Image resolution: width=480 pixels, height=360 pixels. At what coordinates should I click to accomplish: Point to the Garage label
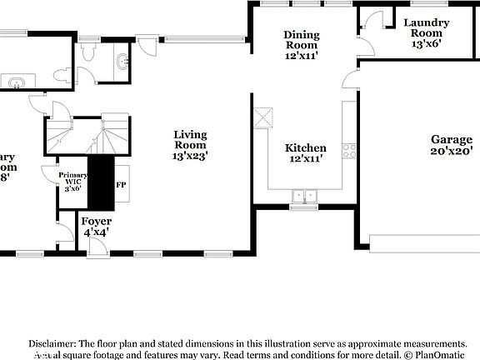tap(450, 139)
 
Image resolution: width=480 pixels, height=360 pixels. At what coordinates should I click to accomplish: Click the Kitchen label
tap(306, 147)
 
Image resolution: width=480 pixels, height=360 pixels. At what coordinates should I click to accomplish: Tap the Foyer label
tap(96, 222)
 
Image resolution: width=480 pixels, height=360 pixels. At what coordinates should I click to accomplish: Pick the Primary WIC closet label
tap(72, 181)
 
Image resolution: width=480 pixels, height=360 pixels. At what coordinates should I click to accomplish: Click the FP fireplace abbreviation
tap(121, 184)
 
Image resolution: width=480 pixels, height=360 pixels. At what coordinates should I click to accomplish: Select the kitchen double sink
tap(305, 197)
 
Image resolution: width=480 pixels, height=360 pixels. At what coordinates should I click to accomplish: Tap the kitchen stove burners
tap(349, 151)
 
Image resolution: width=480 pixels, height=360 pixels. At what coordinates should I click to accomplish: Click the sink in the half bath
tap(123, 61)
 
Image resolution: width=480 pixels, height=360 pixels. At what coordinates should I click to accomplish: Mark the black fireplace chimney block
tap(102, 182)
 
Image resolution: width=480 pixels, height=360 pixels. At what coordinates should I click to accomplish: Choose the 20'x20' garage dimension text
tap(450, 152)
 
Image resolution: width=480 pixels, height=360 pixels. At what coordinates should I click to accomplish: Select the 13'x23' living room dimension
tap(190, 155)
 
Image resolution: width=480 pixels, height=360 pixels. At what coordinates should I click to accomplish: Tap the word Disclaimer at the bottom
tap(52, 343)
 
